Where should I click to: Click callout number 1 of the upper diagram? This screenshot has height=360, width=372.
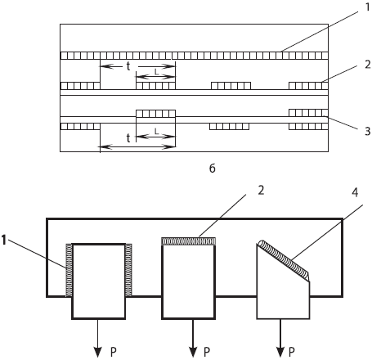pyautogui.click(x=368, y=7)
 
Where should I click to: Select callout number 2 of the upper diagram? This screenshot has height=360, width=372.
pyautogui.click(x=368, y=65)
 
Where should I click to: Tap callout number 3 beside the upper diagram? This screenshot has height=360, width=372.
pyautogui.click(x=368, y=131)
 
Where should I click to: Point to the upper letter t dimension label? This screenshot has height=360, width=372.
pyautogui.click(x=128, y=66)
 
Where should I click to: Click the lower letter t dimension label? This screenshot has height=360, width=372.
pyautogui.click(x=128, y=138)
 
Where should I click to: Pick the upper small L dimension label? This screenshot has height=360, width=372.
pyautogui.click(x=156, y=72)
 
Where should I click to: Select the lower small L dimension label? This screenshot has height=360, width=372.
pyautogui.click(x=156, y=132)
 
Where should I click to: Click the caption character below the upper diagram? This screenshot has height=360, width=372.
pyautogui.click(x=213, y=169)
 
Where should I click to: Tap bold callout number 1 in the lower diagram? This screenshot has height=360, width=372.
pyautogui.click(x=4, y=240)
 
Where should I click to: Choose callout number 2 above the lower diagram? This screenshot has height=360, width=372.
pyautogui.click(x=261, y=191)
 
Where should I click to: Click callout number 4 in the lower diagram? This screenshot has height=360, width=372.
pyautogui.click(x=355, y=192)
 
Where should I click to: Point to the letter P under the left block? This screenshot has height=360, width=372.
pyautogui.click(x=114, y=352)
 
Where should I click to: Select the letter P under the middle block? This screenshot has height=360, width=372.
pyautogui.click(x=207, y=352)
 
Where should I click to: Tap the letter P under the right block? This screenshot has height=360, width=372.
pyautogui.click(x=292, y=352)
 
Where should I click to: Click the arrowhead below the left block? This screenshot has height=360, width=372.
pyautogui.click(x=98, y=353)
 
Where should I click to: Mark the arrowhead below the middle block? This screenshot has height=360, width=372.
pyautogui.click(x=193, y=353)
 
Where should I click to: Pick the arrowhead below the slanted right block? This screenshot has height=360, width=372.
pyautogui.click(x=280, y=353)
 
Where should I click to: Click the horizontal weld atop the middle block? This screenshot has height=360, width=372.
pyautogui.click(x=189, y=241)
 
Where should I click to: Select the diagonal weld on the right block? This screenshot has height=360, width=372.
pyautogui.click(x=285, y=260)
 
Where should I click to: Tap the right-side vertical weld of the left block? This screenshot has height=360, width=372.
pyautogui.click(x=128, y=270)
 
